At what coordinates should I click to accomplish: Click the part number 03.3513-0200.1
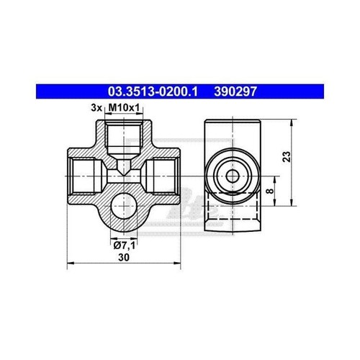(153, 91)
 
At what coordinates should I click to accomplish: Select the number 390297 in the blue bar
(235, 91)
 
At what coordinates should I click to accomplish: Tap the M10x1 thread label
(124, 108)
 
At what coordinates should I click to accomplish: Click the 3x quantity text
(96, 108)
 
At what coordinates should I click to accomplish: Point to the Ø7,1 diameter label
(125, 246)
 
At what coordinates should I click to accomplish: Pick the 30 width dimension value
(124, 257)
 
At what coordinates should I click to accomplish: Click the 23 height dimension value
(287, 156)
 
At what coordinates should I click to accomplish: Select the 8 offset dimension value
(270, 191)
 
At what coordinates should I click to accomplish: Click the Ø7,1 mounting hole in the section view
(124, 206)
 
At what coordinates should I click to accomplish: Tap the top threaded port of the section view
(124, 138)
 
